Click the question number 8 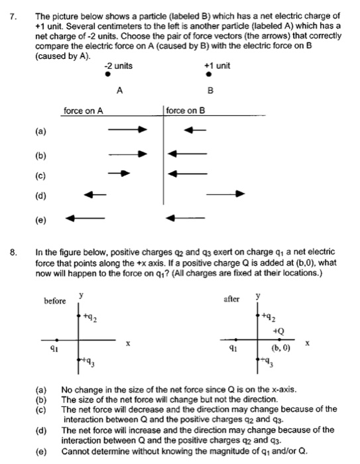[x=12, y=252]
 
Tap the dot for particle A [x=108, y=76]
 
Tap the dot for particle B [x=209, y=76]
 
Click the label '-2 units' [x=118, y=66]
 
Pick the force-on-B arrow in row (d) [x=225, y=194]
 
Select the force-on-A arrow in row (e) [x=85, y=217]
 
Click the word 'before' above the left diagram [x=55, y=300]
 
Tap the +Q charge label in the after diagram [x=277, y=331]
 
